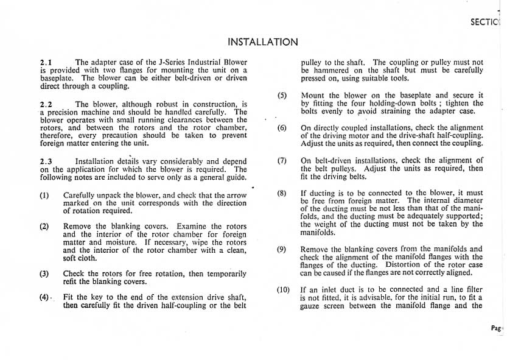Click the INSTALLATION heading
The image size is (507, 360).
(x=262, y=42)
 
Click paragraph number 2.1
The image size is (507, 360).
(x=46, y=62)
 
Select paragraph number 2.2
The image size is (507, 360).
(x=46, y=104)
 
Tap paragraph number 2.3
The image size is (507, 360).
(x=46, y=161)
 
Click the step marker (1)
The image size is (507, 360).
(x=44, y=196)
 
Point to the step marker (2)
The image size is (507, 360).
(x=44, y=226)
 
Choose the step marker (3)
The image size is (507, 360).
(x=44, y=274)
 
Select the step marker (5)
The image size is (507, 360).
(x=282, y=96)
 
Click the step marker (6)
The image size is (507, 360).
(x=282, y=128)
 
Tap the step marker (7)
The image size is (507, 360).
(x=282, y=160)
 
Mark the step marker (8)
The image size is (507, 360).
(x=282, y=193)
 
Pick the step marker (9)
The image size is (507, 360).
(x=282, y=249)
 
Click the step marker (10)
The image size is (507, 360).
(x=283, y=290)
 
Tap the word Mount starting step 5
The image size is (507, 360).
(x=313, y=96)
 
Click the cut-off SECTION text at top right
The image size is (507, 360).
(x=484, y=22)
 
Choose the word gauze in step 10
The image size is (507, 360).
(x=313, y=306)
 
